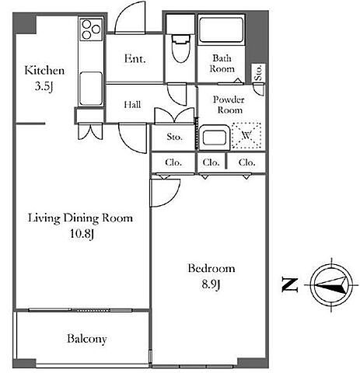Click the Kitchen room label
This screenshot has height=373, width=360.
[44, 71]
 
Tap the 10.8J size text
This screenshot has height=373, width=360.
[82, 234]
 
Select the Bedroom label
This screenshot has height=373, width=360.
[211, 268]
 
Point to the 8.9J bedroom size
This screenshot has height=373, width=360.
[211, 284]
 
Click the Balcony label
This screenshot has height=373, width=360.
[87, 339]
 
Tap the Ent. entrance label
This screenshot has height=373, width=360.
[135, 58]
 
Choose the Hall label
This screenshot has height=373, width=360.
[132, 105]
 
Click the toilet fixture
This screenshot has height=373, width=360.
[180, 49]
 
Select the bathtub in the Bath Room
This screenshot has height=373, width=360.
[221, 30]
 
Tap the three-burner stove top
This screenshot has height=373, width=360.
[91, 30]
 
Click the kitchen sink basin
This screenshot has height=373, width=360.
[91, 89]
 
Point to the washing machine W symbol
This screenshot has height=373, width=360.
[246, 135]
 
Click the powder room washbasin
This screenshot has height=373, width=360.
[214, 138]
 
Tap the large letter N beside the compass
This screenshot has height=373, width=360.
[290, 285]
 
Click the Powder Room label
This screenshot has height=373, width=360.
[229, 105]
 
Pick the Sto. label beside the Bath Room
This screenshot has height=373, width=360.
[258, 72]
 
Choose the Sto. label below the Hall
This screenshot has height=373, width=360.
[174, 137]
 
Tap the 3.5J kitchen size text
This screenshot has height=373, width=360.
[44, 86]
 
